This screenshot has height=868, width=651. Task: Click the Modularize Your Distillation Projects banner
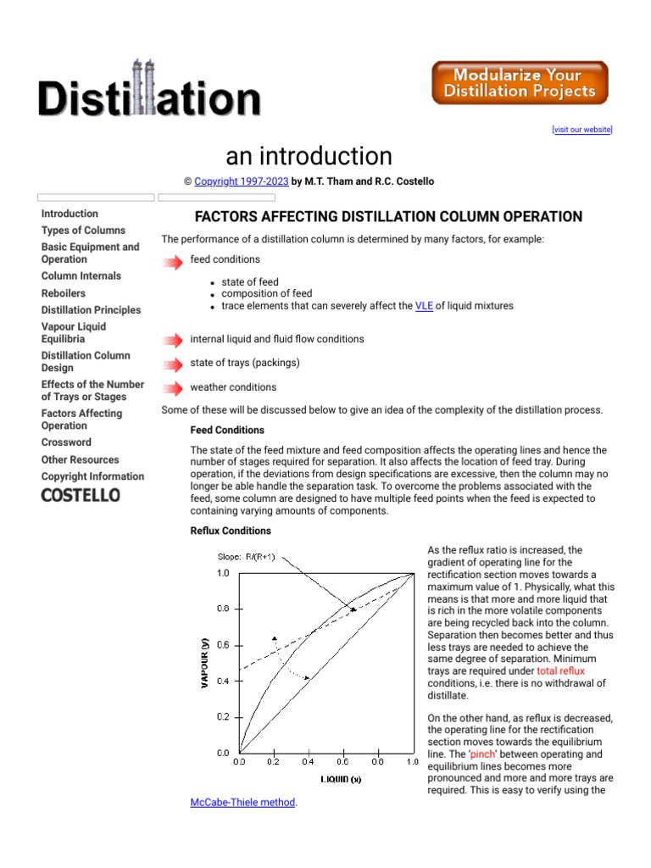click(x=520, y=83)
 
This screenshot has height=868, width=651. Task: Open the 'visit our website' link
click(x=581, y=130)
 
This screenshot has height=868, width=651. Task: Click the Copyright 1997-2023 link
click(x=242, y=181)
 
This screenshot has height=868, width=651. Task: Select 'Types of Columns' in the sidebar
click(x=83, y=231)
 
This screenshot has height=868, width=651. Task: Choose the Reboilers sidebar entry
click(x=64, y=293)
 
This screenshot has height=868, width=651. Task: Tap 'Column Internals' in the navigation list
click(x=81, y=276)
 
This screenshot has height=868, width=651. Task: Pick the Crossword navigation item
click(x=66, y=442)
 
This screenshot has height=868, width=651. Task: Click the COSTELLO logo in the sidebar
click(x=81, y=495)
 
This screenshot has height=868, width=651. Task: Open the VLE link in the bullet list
click(x=424, y=306)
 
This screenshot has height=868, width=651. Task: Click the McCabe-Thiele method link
click(x=242, y=802)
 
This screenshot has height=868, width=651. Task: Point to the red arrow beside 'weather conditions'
click(x=172, y=388)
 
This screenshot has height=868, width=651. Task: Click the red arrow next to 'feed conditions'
click(x=172, y=262)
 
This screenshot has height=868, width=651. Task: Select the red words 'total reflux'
click(x=560, y=671)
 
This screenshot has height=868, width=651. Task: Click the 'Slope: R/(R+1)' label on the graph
click(x=246, y=556)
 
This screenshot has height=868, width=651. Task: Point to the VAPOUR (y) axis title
click(x=204, y=663)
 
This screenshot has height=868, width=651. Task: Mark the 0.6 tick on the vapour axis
click(x=222, y=645)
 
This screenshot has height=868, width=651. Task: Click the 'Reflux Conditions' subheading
click(x=231, y=531)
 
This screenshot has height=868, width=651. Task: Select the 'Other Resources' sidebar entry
click(x=81, y=459)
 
